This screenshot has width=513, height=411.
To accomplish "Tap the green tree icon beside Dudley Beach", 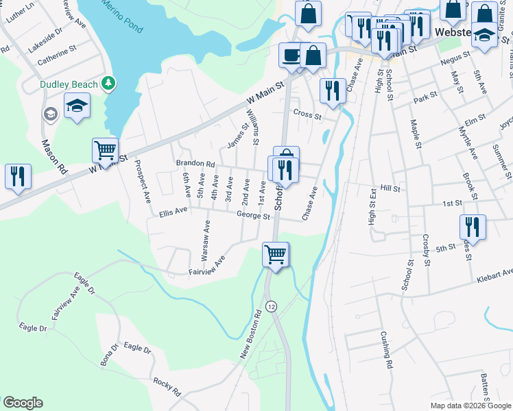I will click(x=108, y=83).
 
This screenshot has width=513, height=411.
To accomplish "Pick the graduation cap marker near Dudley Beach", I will click(x=77, y=106).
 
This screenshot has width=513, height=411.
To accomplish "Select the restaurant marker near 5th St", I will click(x=472, y=226).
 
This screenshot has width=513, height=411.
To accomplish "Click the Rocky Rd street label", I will click(x=167, y=387).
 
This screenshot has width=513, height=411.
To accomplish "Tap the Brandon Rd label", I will click(x=195, y=164).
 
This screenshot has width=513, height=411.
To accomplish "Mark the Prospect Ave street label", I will click(x=142, y=182).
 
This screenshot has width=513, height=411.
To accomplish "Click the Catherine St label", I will click(x=57, y=51).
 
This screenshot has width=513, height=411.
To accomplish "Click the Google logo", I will click(x=23, y=403).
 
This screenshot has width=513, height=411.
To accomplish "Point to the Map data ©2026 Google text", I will click(x=470, y=406).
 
